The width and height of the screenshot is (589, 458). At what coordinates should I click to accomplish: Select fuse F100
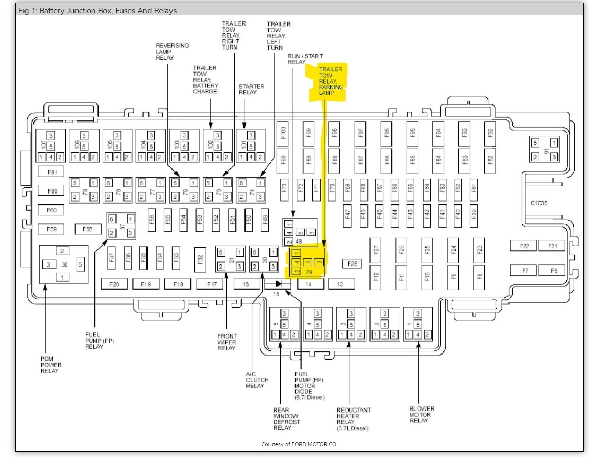[x=284, y=133]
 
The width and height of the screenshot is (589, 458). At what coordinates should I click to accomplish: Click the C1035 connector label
[x=538, y=203]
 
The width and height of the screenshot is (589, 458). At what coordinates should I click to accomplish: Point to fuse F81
[x=53, y=172]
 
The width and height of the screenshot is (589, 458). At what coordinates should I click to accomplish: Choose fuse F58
[x=87, y=229]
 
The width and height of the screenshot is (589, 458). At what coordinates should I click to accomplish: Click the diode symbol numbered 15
[x=278, y=283]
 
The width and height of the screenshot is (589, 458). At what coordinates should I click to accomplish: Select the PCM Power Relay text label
[x=51, y=365]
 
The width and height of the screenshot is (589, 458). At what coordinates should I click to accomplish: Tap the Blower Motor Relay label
[x=422, y=415]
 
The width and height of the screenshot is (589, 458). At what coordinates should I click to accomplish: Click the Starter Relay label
[x=251, y=89]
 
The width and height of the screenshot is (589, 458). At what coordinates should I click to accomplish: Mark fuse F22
[x=524, y=246]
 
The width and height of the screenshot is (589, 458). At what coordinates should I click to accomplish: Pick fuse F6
[x=553, y=270]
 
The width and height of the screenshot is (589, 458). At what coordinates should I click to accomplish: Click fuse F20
[x=114, y=284]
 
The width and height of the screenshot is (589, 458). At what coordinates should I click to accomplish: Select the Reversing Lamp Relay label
[x=172, y=52]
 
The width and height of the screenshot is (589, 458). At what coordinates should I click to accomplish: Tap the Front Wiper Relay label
[x=227, y=342]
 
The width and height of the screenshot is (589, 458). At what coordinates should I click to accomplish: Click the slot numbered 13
[x=339, y=284]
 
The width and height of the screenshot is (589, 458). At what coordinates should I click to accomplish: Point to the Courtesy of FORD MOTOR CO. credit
[x=299, y=444]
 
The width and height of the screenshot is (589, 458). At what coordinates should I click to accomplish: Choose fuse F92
[x=490, y=133]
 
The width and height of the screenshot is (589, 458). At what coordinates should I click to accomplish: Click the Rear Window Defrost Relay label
[x=286, y=419]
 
